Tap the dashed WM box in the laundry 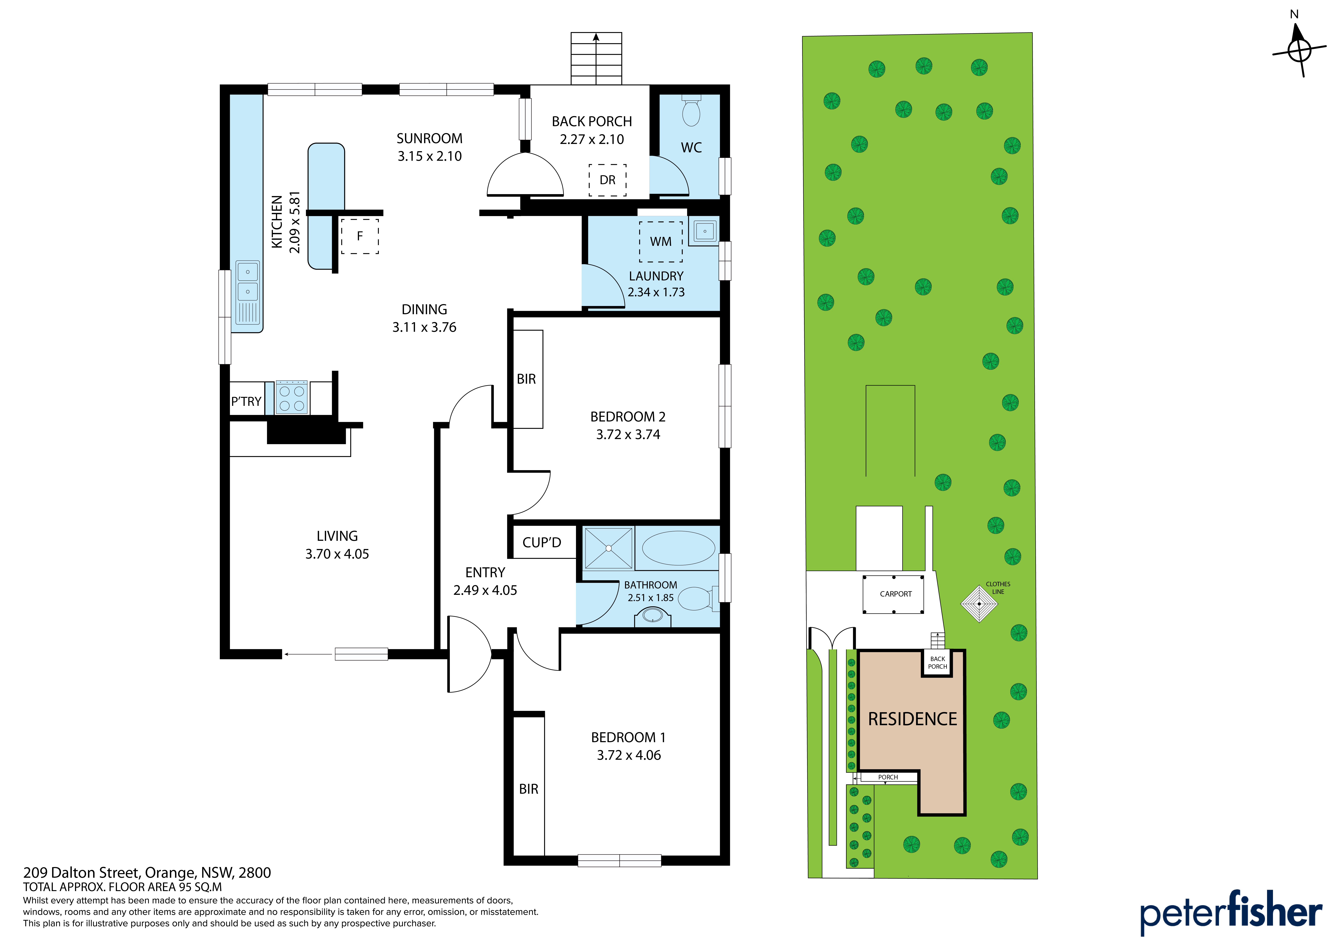tap(661, 241)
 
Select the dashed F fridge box tap(360, 236)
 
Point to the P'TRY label tap(246, 401)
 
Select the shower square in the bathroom tap(608, 548)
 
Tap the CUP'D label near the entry tap(542, 543)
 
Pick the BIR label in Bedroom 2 tap(526, 379)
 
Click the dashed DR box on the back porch tap(608, 180)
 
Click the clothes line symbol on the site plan tap(979, 604)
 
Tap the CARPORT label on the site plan tap(896, 594)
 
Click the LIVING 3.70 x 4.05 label tap(337, 545)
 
